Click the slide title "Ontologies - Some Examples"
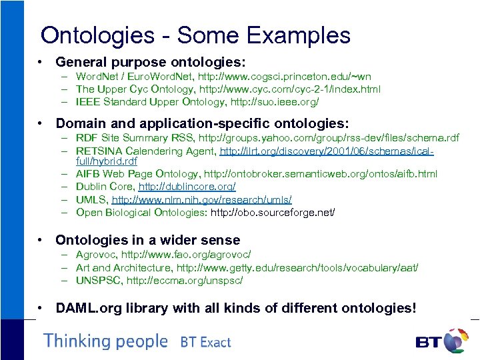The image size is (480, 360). pos(195,35)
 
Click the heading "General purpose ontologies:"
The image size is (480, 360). pos(151,62)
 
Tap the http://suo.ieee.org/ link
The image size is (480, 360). pos(274,102)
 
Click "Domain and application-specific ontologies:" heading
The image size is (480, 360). pos(202,123)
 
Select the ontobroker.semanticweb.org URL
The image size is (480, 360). pos(321,174)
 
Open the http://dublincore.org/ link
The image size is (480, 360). pos(187,187)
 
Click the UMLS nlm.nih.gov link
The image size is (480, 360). pos(202,199)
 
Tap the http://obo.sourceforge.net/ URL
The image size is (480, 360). pos(273,212)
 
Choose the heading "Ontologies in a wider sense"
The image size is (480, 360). pos(147,240)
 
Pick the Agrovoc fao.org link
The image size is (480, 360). pos(193,255)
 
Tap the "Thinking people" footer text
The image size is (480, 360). pos(106,341)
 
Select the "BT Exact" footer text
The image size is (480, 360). pos(205,343)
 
